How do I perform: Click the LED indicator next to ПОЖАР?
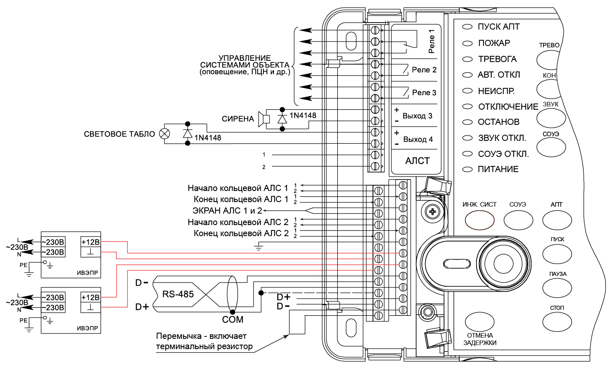point(467,43)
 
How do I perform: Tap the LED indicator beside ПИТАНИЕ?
point(467,169)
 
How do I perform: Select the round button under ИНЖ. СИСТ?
point(479,220)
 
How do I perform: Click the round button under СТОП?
point(557,322)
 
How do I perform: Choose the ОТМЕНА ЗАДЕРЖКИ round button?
point(479,322)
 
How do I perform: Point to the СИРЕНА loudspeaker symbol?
point(264,119)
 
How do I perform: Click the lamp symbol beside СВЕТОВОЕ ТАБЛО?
point(164,133)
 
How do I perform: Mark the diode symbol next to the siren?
point(282,119)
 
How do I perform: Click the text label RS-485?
point(178,294)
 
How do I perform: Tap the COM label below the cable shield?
point(232,320)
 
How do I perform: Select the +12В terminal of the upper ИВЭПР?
point(91,242)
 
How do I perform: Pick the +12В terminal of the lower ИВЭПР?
point(91,297)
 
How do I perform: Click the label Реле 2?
point(424,70)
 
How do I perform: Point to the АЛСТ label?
point(417,161)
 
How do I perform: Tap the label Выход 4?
point(418,139)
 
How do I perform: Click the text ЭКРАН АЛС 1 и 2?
point(227,211)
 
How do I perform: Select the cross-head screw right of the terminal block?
point(433,212)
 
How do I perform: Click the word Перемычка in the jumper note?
point(180,336)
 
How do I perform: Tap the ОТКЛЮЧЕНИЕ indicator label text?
point(508,107)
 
